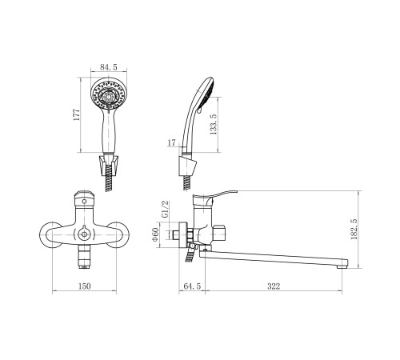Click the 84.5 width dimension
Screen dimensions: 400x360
(109, 67)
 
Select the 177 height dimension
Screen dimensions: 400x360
(77, 114)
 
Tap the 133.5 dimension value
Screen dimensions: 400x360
(214, 124)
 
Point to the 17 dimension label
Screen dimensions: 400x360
(172, 142)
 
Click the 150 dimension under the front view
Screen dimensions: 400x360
(85, 286)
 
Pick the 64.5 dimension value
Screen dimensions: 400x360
(192, 286)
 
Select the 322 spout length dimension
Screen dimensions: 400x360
(274, 286)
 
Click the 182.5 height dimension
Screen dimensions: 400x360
(354, 229)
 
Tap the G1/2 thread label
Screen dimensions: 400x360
(166, 210)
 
